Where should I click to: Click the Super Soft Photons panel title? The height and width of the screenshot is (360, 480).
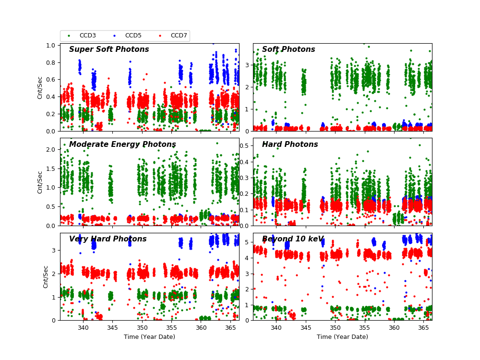point(109,49)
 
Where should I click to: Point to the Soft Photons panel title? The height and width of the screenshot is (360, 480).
point(288,49)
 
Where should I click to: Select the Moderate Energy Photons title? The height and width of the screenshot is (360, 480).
point(122,144)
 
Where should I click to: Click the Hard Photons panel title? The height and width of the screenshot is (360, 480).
point(290,144)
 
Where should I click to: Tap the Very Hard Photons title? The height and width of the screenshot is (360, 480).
point(108,239)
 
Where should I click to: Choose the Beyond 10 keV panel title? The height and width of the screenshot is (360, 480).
point(293,239)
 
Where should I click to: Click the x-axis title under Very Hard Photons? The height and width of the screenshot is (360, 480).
point(149,337)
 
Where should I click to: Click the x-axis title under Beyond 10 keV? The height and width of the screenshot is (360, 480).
point(342,337)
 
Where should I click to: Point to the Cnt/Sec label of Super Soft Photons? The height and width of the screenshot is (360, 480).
point(40,87)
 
